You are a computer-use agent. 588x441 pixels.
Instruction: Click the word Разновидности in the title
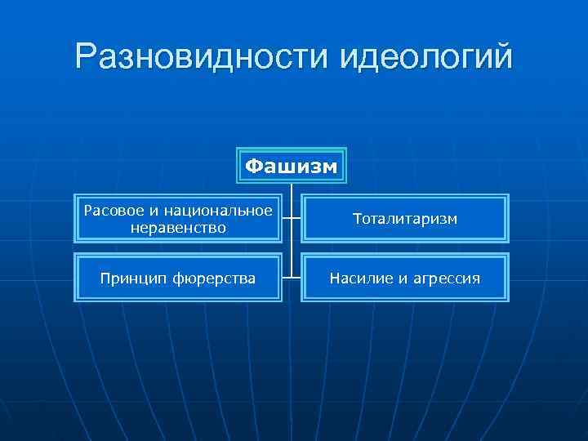click(200, 57)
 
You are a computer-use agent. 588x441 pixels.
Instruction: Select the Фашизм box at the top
click(292, 167)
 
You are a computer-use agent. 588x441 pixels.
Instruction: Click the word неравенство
click(178, 227)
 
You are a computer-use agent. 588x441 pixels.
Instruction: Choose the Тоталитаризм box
click(404, 219)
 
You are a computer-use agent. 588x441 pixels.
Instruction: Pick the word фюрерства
click(213, 278)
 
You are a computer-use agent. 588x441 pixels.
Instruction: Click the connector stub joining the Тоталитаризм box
click(296, 219)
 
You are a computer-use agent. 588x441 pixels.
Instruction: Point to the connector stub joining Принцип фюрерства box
click(287, 278)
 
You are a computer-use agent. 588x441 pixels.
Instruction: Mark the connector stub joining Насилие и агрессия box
click(296, 278)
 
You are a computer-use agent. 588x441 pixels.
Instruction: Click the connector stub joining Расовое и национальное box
click(287, 219)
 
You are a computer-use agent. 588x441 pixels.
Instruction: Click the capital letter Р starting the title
click(85, 57)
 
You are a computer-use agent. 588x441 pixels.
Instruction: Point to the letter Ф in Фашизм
click(254, 167)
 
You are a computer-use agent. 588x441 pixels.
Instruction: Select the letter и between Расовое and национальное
click(145, 212)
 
